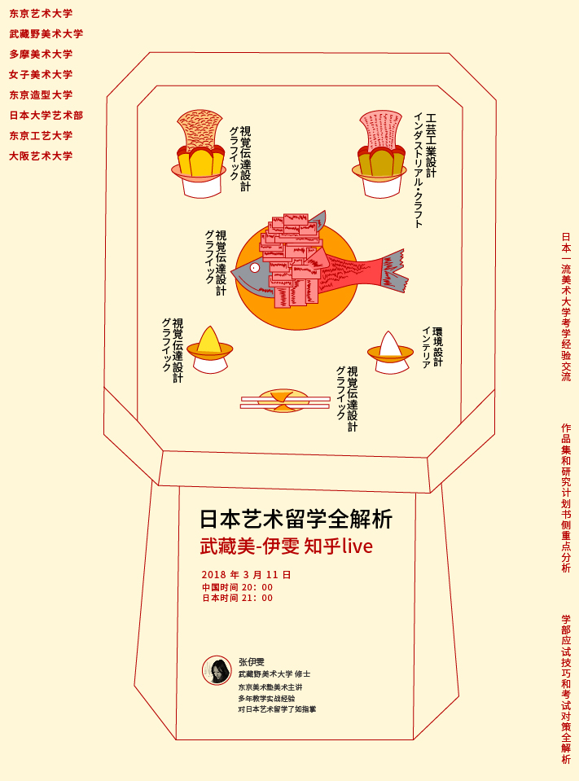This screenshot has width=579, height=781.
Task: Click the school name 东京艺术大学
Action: click(41, 14)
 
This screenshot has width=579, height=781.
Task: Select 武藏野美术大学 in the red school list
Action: click(46, 34)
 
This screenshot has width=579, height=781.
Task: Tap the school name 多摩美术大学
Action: click(41, 55)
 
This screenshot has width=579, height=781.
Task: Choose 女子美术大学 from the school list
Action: click(41, 75)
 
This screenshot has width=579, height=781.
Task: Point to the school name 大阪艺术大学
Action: click(41, 156)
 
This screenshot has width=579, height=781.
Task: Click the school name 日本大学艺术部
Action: click(46, 116)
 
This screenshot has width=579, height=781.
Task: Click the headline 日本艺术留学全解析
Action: click(296, 519)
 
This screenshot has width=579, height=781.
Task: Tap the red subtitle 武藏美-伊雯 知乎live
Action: click(286, 546)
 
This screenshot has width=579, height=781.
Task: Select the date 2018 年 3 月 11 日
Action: click(245, 575)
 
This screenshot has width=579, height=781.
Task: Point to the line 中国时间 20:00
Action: click(237, 587)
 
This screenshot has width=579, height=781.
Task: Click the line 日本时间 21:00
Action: click(237, 598)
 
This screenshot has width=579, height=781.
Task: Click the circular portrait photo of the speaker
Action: click(217, 670)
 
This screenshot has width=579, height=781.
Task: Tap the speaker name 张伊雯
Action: click(252, 662)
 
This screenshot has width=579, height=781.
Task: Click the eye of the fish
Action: click(254, 268)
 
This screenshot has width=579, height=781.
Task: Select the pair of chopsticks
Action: click(285, 402)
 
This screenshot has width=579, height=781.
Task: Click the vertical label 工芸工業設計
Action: click(431, 146)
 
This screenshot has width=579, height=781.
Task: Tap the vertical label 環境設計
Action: click(437, 347)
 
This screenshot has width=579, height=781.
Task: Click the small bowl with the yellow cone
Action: click(210, 350)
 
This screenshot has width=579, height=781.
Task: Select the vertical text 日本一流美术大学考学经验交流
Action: click(566, 307)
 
